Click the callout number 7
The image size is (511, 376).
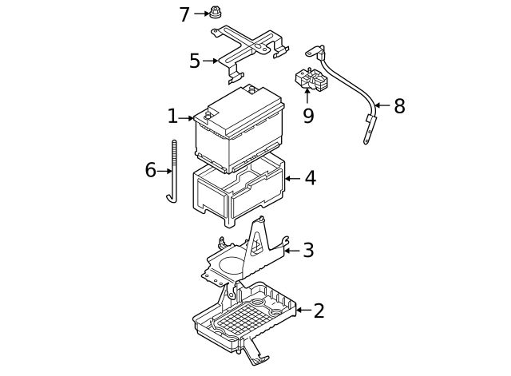point(184,14)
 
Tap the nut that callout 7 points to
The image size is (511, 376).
point(214,12)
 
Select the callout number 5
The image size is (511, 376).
point(195,61)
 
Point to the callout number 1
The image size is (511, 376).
point(172,117)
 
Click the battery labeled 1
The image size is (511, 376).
point(239,129)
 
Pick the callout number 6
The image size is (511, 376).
point(150,170)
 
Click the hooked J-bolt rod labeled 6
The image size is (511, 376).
point(173,171)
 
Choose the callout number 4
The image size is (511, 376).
point(311,178)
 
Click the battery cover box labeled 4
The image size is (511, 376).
point(239,191)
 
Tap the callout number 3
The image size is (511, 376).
point(308,250)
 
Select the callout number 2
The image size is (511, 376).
point(319,311)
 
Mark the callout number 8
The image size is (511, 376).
point(399,106)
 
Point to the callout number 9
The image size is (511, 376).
point(308,116)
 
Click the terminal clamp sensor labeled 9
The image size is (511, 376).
point(311,80)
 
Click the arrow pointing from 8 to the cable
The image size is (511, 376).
point(382,105)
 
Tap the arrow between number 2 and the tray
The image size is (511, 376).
point(303,310)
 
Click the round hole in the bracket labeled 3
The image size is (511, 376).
point(232,264)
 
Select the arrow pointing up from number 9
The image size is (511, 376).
point(307,96)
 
